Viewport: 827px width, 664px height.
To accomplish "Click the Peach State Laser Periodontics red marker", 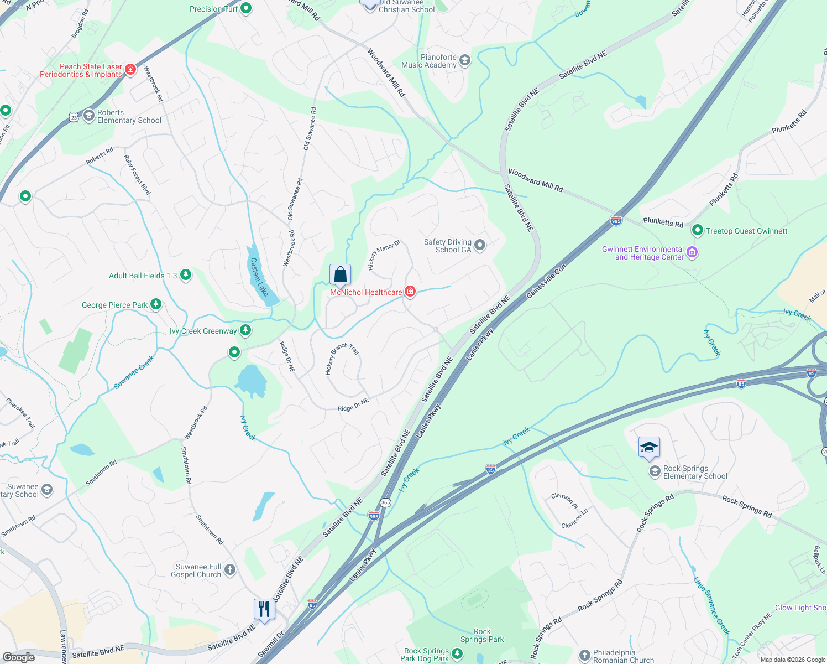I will (130, 69).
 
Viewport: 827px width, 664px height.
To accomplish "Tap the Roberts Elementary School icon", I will (88, 116).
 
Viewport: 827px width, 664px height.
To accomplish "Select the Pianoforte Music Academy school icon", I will (465, 60).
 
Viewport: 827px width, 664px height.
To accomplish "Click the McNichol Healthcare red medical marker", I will (410, 292).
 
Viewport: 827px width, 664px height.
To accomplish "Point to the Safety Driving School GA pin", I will (480, 245).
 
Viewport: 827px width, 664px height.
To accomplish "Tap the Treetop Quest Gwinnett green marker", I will (698, 230).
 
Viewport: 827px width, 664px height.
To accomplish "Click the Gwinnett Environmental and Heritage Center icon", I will (692, 253).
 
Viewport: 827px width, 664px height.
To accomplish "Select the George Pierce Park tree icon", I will (156, 304).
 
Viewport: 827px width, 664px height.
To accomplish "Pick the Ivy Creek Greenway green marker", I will (245, 330).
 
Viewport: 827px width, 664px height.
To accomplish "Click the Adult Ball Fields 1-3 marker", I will (186, 274).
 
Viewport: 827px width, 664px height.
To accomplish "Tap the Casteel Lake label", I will (259, 277).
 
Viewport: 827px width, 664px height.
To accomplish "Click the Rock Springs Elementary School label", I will (695, 472).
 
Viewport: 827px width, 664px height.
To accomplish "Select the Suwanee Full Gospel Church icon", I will (230, 569).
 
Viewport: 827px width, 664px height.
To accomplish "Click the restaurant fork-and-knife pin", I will (264, 609).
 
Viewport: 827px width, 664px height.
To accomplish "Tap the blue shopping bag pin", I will (340, 274).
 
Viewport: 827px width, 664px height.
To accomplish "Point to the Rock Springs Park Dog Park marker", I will (457, 654).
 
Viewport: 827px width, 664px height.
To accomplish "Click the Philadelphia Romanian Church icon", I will (585, 656).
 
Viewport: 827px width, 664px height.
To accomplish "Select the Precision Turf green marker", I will (247, 8).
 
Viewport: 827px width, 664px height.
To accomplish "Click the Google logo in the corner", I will (18, 657).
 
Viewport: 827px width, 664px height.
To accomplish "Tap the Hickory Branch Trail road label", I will (342, 359).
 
